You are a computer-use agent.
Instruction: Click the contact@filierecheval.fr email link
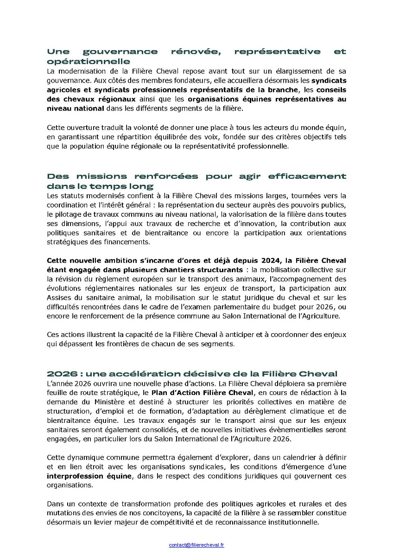coord(196,545)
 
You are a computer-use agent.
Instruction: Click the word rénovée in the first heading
coord(191,52)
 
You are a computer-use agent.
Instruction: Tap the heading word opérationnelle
coord(88,61)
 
